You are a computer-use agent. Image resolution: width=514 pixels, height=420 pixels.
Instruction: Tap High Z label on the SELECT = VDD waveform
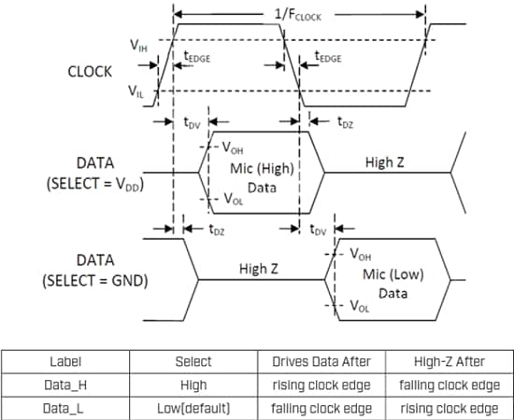click(x=385, y=161)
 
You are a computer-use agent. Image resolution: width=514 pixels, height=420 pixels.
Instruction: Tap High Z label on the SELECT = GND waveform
click(x=261, y=269)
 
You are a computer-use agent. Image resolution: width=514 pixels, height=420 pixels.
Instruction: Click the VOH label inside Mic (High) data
click(x=234, y=147)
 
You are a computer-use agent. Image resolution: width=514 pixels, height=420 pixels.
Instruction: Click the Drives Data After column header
click(x=321, y=361)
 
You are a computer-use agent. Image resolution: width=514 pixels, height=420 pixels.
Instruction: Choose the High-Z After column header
click(x=449, y=361)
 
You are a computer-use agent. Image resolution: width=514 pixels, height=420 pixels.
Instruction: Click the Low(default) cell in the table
click(x=192, y=408)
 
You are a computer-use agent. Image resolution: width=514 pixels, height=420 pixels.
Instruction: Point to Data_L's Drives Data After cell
click(x=321, y=408)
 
